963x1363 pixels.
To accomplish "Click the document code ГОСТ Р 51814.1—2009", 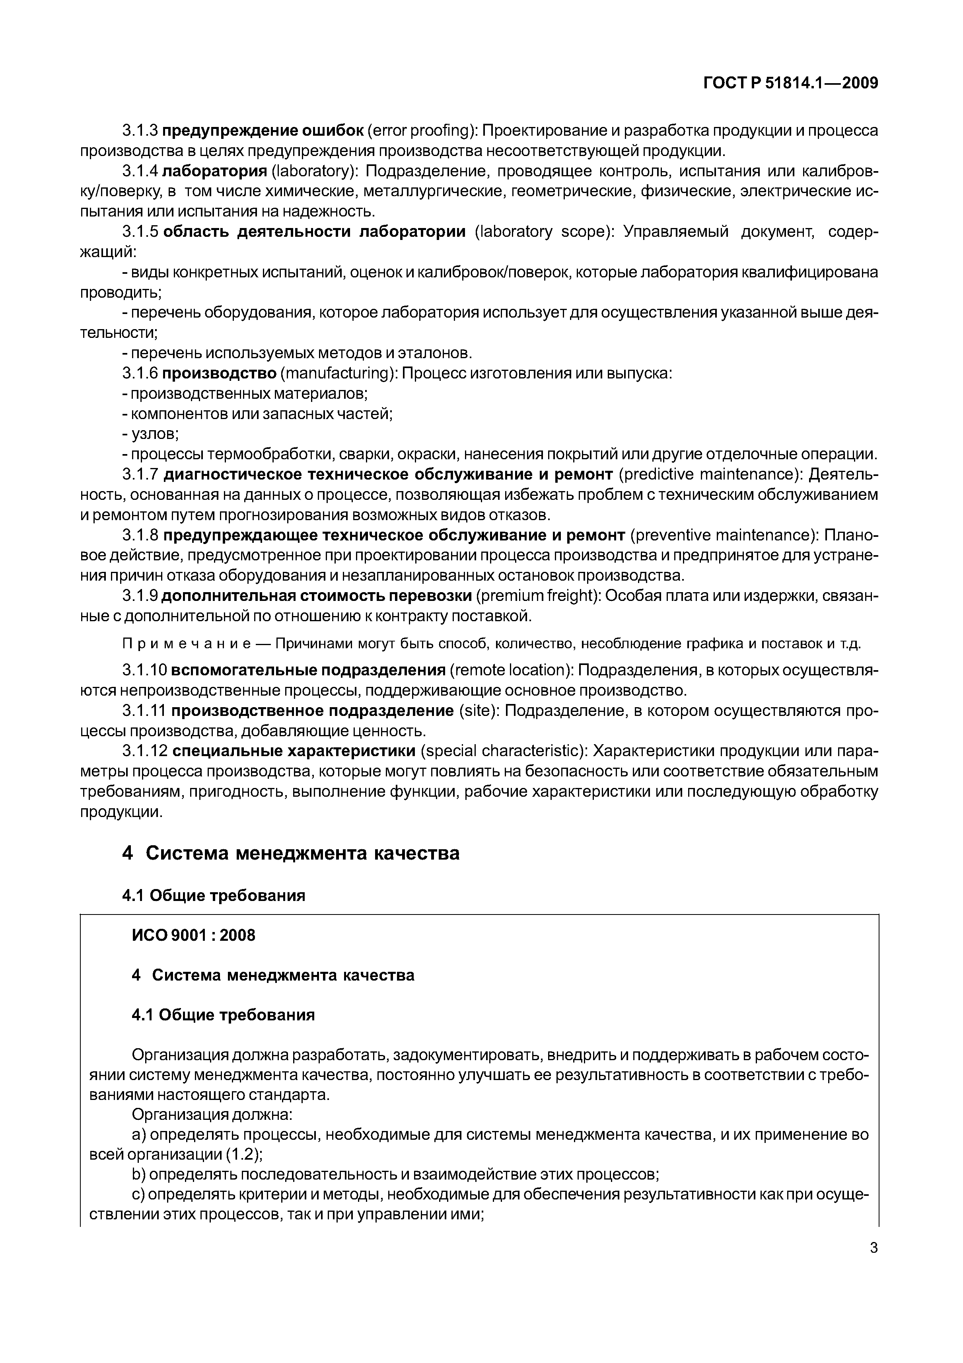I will coord(790,83).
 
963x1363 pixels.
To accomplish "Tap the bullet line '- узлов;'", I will coord(150,434).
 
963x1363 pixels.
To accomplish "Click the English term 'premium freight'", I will coord(539,595).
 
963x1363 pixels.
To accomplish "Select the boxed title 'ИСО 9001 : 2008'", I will coord(193,935).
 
